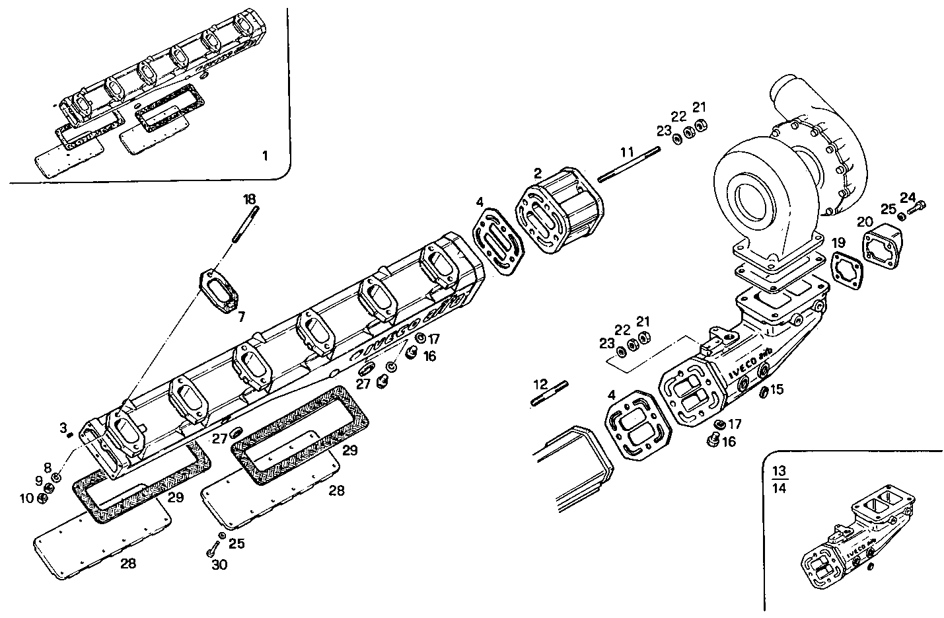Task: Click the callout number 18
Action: coord(249,199)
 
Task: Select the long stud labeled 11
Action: coord(629,164)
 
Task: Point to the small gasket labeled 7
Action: coord(219,291)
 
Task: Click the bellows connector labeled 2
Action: coord(561,213)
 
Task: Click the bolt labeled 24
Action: coord(918,208)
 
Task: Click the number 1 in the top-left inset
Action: coord(265,156)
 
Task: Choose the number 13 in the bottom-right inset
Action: coord(780,471)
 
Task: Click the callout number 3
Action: coord(63,428)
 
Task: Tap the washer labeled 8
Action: coord(57,477)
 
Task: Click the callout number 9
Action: coord(39,481)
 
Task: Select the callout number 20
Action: coord(865,221)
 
